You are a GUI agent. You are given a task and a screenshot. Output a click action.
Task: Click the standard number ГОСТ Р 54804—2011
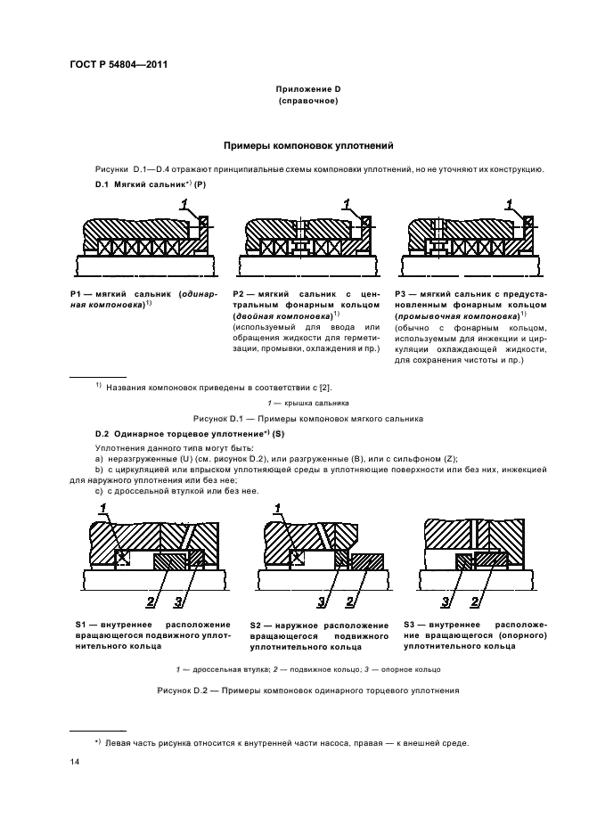tap(119, 64)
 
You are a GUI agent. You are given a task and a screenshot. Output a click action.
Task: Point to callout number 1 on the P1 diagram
tap(184, 205)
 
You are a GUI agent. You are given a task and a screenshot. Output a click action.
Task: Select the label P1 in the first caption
tap(77, 293)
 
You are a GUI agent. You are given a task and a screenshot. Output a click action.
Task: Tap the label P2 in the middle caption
tap(239, 293)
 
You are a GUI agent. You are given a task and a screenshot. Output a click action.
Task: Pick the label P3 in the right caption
tap(401, 293)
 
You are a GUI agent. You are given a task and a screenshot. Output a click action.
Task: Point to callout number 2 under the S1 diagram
tap(151, 600)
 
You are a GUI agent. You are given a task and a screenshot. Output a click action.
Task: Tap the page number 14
tap(75, 763)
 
